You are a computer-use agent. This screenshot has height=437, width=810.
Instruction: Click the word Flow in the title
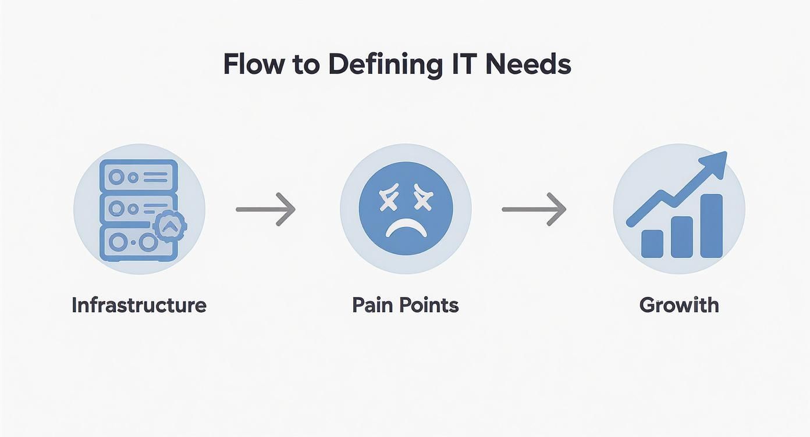tap(253, 65)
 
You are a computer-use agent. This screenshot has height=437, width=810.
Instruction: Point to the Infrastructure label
tap(139, 305)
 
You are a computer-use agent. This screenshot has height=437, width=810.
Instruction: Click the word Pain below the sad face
tap(374, 305)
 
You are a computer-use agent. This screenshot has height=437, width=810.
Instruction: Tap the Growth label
tap(679, 305)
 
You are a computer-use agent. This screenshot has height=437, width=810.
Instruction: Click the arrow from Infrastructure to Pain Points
tap(266, 209)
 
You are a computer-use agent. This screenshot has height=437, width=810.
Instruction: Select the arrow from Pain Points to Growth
tap(534, 209)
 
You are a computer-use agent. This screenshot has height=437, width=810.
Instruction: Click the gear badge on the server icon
tap(169, 227)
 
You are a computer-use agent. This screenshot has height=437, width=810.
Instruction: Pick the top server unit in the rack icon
tap(138, 176)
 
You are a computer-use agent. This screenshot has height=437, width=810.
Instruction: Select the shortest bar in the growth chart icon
tap(652, 243)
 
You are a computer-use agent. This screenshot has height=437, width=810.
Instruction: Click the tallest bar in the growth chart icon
tap(711, 225)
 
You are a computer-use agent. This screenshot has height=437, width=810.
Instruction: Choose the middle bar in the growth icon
tap(681, 237)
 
